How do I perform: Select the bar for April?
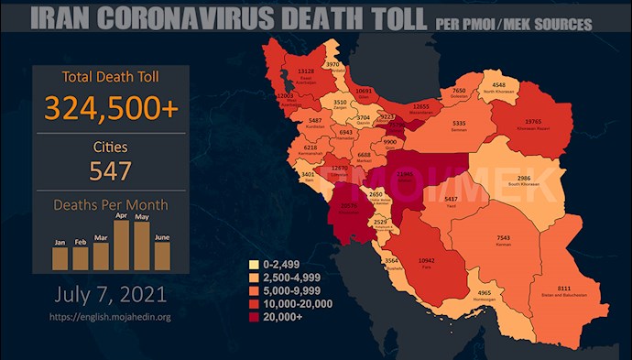121,245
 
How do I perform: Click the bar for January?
60,259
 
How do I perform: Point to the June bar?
162,256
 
